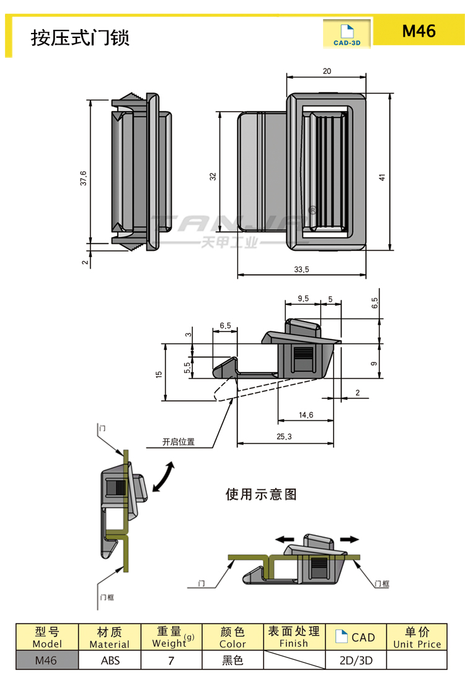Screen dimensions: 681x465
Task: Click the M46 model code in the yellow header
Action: [x=418, y=30]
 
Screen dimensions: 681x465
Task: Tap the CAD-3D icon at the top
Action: [x=347, y=35]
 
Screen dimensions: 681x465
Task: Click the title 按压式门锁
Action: [x=80, y=38]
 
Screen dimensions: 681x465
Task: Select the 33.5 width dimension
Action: [x=301, y=269]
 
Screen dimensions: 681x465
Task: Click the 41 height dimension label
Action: [x=383, y=177]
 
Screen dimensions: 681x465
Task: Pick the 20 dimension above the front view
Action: [x=327, y=71]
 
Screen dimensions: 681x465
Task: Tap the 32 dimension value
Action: [x=213, y=176]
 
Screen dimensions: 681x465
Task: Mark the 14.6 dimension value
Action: [x=306, y=415]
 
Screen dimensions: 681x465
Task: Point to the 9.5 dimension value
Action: [x=303, y=299]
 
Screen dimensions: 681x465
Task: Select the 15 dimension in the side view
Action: [x=159, y=374]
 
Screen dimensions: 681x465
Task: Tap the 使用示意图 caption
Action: [x=261, y=494]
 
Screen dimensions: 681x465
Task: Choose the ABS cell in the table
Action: [x=110, y=661]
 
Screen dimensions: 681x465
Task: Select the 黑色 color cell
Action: [x=232, y=661]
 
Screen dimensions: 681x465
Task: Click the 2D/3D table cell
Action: [x=356, y=661]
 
